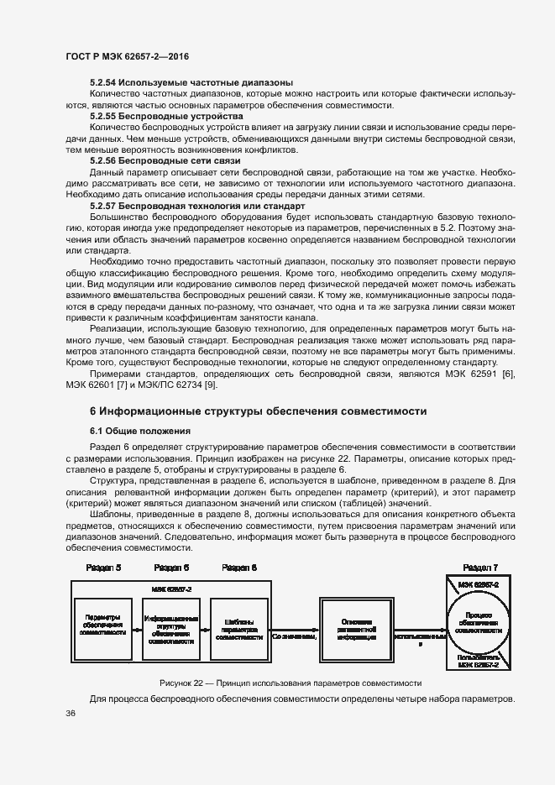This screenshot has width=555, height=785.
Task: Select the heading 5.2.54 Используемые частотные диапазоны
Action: pos(191,82)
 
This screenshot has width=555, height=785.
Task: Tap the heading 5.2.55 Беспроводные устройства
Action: pos(166,116)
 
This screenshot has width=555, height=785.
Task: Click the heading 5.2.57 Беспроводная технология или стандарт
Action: pos(196,205)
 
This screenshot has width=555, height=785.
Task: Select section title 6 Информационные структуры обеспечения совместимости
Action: pos(259,411)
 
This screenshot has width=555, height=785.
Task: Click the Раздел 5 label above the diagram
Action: pos(103,568)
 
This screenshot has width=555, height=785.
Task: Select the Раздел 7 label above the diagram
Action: pos(481,568)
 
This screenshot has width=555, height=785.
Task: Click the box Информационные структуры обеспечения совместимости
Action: pos(171,629)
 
